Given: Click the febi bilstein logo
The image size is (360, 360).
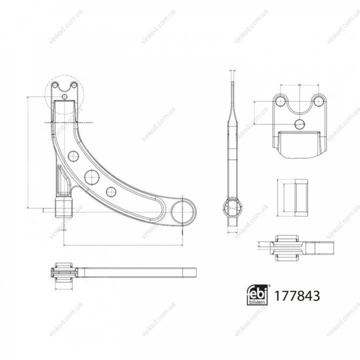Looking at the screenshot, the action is (x=257, y=295).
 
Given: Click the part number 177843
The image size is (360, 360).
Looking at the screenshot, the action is (x=297, y=296).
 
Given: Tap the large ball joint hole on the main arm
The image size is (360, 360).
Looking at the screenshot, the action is (x=182, y=212).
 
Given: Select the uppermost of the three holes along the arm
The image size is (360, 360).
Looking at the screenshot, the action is (x=74, y=156).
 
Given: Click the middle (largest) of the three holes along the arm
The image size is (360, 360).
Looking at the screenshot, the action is (x=92, y=177).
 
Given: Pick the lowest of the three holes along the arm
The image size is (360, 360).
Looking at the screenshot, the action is (x=111, y=191).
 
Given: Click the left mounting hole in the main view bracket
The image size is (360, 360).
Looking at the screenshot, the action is (x=55, y=86).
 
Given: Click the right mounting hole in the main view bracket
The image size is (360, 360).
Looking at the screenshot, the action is (x=74, y=86).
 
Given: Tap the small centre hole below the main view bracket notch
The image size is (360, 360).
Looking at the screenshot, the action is (x=65, y=97).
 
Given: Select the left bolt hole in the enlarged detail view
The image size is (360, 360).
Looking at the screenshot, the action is (x=280, y=101).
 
